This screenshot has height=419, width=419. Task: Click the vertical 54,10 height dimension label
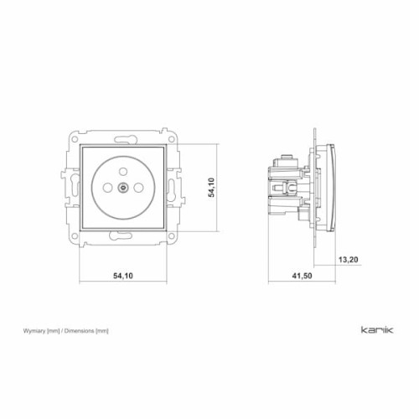click(x=211, y=188)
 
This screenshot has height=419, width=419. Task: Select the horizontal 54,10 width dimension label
click(x=123, y=276)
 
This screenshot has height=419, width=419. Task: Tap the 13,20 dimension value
click(x=348, y=260)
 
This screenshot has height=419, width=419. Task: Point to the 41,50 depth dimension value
click(x=302, y=276)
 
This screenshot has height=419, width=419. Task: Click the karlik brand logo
click(x=377, y=329)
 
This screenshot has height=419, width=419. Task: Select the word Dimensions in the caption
click(x=79, y=331)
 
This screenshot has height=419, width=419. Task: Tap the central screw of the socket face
click(x=122, y=188)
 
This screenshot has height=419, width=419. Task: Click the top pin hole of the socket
click(x=123, y=171)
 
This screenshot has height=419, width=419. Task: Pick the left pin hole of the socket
click(x=107, y=188)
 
